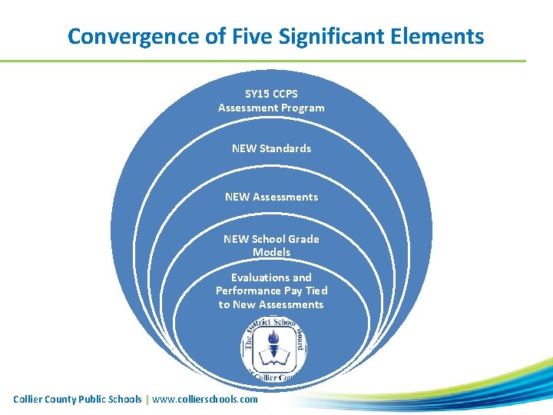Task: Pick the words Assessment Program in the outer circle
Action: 271,108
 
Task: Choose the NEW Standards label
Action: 271,148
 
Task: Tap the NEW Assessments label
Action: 271,197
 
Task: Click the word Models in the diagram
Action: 271,252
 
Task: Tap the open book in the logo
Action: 271,356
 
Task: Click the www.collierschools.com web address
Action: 205,399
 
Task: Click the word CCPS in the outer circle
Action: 285,94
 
